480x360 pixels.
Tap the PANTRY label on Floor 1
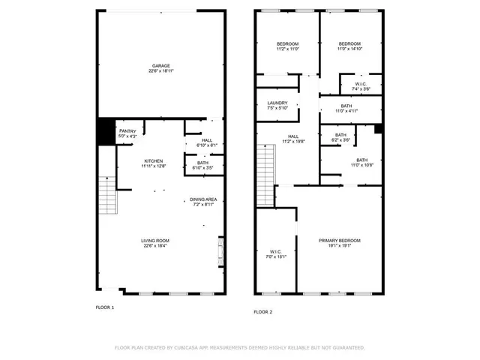click(127, 131)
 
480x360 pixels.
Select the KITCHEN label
click(154, 161)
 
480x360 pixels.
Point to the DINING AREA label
click(203, 199)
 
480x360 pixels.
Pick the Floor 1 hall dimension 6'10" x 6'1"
click(205, 145)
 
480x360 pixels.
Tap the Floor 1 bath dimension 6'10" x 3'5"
click(203, 168)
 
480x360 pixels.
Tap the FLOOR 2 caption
click(262, 311)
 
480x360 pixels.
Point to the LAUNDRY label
click(277, 103)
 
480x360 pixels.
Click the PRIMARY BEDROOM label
click(339, 240)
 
